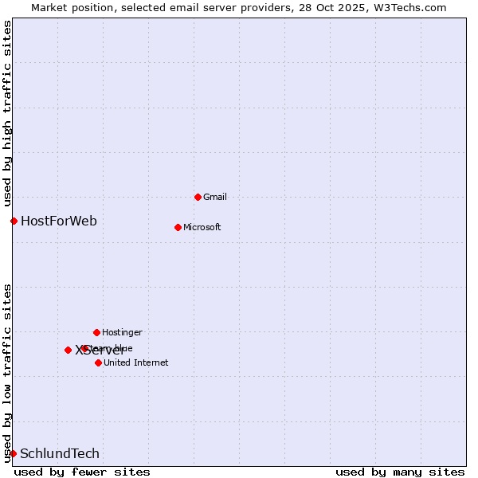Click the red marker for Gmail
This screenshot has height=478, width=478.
(198, 197)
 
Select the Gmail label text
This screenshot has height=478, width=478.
(215, 197)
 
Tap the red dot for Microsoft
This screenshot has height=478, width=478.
(178, 227)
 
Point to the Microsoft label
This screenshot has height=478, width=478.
(202, 227)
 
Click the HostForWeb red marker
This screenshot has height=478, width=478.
(14, 221)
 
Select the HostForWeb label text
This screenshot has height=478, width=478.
(59, 221)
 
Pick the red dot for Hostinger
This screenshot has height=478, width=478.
(96, 332)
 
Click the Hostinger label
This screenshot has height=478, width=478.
(122, 332)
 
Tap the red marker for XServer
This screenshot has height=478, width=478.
(68, 350)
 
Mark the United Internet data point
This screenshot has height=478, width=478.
(98, 362)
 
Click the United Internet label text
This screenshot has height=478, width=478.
(136, 362)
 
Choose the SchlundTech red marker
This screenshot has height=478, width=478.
(13, 453)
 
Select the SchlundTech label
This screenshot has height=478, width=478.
(60, 453)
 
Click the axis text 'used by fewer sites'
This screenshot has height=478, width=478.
(82, 472)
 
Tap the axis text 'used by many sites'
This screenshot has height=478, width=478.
(400, 472)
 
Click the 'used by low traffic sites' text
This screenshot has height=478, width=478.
(7, 373)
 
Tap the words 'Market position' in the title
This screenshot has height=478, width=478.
(69, 7)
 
